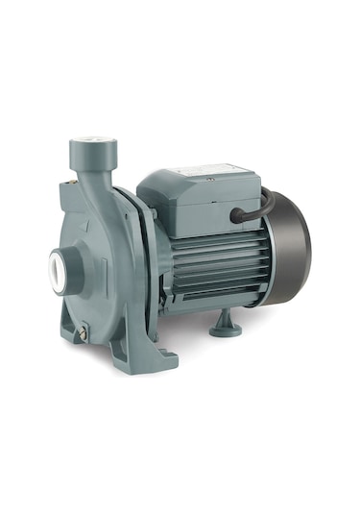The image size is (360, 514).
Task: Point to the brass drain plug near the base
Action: (x=84, y=332)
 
